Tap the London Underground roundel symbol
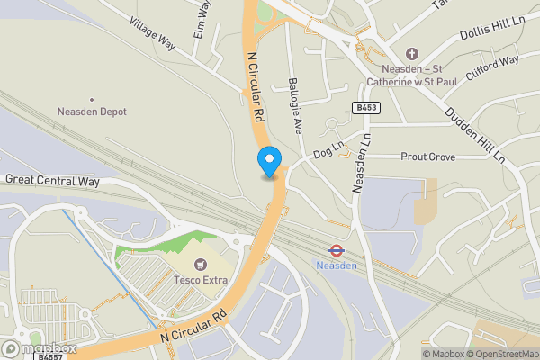tap(336, 250)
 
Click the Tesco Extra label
tap(201, 280)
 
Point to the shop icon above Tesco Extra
tap(200, 265)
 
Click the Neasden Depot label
tap(91, 112)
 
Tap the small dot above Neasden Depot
tap(91, 99)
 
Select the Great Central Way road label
tap(51, 180)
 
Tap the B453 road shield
tap(365, 108)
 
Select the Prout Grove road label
tap(429, 157)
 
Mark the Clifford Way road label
tap(493, 69)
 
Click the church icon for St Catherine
tap(412, 54)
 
